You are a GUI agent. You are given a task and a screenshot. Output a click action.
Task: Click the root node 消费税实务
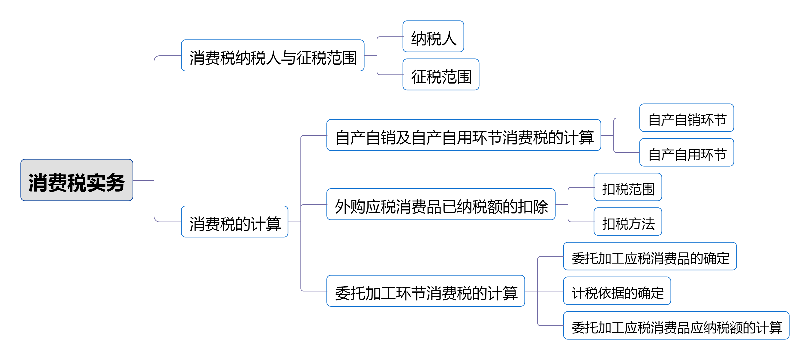click(x=77, y=180)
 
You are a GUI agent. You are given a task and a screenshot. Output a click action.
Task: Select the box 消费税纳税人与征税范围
click(x=273, y=56)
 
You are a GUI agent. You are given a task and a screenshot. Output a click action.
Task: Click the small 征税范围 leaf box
click(x=441, y=75)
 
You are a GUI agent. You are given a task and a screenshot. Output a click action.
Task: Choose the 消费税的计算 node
click(x=234, y=222)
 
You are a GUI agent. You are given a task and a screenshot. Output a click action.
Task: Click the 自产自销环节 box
click(x=687, y=118)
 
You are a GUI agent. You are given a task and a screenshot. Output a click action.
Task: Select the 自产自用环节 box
click(x=687, y=153)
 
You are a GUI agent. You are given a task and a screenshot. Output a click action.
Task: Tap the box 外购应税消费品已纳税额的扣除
click(x=441, y=205)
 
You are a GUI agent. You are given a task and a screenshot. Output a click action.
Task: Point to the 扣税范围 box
click(x=628, y=187)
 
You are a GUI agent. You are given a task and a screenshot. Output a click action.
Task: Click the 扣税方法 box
click(x=628, y=222)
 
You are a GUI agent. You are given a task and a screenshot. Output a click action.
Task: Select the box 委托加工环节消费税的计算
click(x=426, y=291)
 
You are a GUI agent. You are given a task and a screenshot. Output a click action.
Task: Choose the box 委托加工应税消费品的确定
click(x=650, y=257)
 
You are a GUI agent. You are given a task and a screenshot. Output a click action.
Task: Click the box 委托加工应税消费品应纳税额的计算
click(x=676, y=326)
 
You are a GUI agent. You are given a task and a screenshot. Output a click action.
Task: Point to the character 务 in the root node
click(x=115, y=183)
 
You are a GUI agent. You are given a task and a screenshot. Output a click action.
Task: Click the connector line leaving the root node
click(x=143, y=180)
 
